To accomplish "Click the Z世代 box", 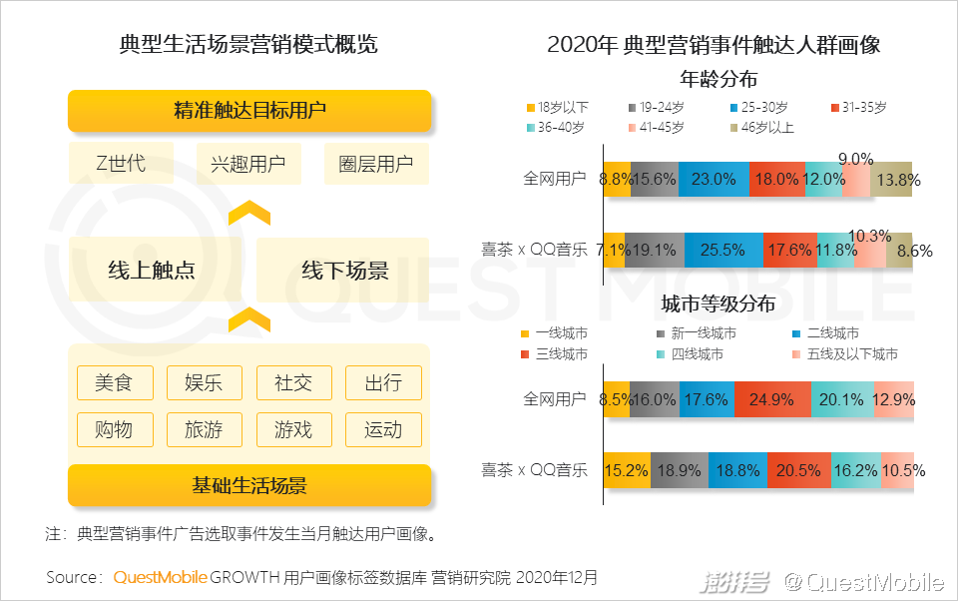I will tap(121, 164).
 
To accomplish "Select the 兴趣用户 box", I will tap(248, 164).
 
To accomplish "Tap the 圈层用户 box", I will tap(376, 164).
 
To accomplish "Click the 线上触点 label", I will tap(151, 271).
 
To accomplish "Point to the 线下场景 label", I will tap(344, 271).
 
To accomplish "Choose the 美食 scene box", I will tap(115, 382).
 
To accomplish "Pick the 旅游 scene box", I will tap(204, 429).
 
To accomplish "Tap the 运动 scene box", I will tap(383, 429).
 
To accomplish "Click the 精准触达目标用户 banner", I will tap(249, 110).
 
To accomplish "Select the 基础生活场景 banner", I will tap(249, 486).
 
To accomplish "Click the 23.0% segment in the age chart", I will tap(714, 180).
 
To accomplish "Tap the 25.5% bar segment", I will tap(723, 250).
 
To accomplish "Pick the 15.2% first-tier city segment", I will tap(627, 469).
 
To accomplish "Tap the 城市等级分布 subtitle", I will tap(718, 304).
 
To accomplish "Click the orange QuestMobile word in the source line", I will tap(161, 577).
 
